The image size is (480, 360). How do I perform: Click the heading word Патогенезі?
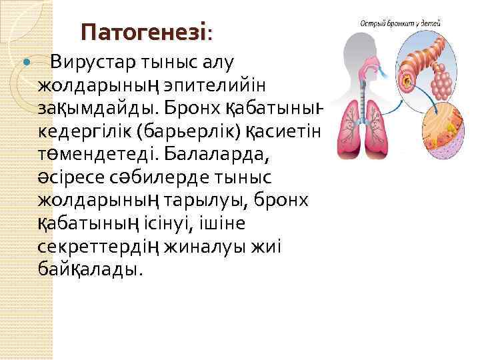coord(144,31)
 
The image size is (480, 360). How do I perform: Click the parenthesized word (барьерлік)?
coord(193,132)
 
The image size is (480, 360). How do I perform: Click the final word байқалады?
coord(89,269)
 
